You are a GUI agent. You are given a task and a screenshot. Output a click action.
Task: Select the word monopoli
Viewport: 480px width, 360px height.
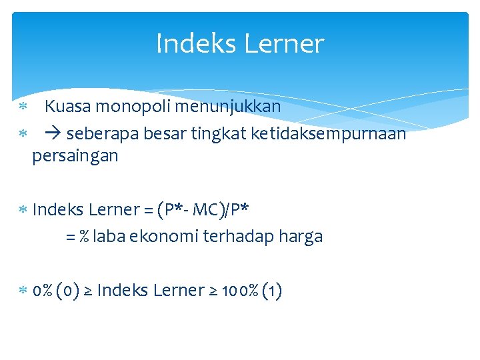pyautogui.click(x=129, y=106)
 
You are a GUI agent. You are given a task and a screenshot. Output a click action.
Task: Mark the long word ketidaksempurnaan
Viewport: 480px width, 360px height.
pyautogui.click(x=328, y=134)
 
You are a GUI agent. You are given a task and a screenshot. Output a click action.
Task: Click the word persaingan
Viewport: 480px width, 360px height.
pyautogui.click(x=75, y=156)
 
